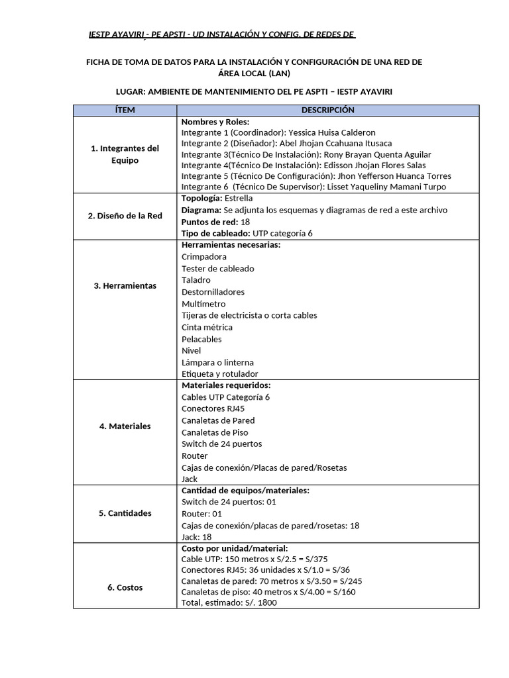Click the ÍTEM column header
pyautogui.click(x=125, y=110)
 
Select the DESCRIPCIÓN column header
pyautogui.click(x=327, y=110)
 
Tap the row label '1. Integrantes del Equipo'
pyautogui.click(x=125, y=154)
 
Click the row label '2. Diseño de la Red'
pyautogui.click(x=125, y=215)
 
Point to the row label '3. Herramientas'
pyautogui.click(x=125, y=285)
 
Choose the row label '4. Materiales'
pyautogui.click(x=125, y=426)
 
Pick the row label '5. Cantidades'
pyautogui.click(x=125, y=513)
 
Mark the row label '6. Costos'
pyautogui.click(x=125, y=587)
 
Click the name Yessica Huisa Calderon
pyautogui.click(x=332, y=132)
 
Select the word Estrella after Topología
pyautogui.click(x=239, y=198)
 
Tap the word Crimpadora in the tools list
pyautogui.click(x=203, y=256)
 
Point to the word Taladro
pyautogui.click(x=196, y=280)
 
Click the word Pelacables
pyautogui.click(x=201, y=339)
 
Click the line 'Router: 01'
pyautogui.click(x=201, y=513)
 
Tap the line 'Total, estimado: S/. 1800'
pyautogui.click(x=229, y=603)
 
